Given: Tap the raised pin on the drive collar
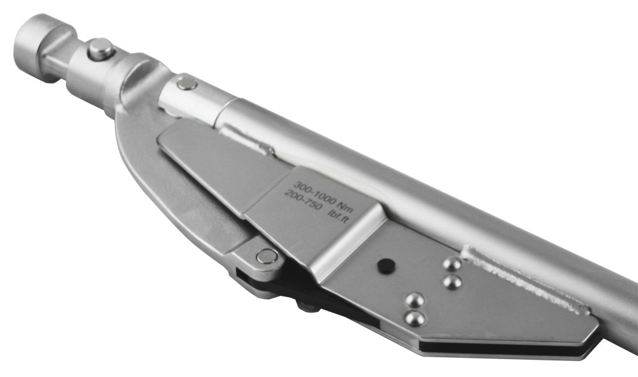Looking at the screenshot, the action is [101, 49].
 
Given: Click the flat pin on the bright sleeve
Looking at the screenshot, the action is [187, 84].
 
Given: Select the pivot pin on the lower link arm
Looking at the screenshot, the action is [267, 256].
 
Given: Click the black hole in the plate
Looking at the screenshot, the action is [386, 265].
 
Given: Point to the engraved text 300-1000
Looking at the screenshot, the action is [315, 193].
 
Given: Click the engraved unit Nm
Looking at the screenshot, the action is [345, 208].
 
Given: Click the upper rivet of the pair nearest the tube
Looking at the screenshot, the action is [452, 264].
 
